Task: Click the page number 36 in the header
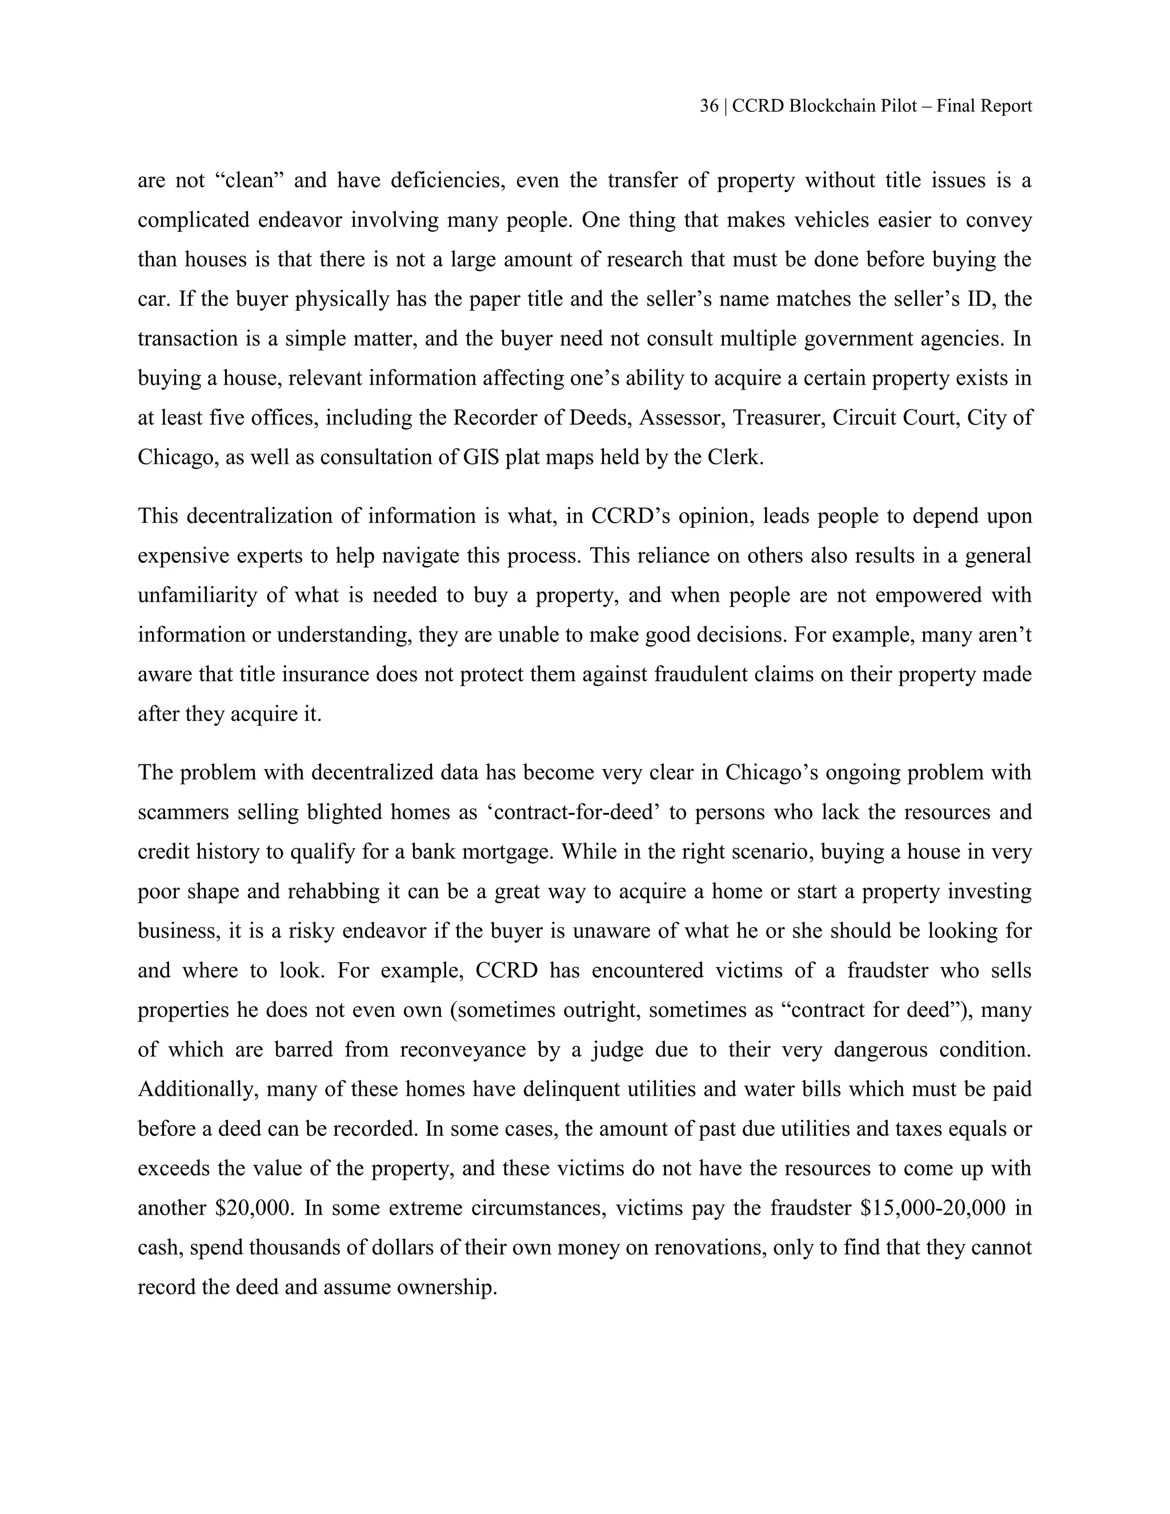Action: click(x=708, y=106)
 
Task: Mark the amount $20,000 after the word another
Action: click(x=256, y=1208)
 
